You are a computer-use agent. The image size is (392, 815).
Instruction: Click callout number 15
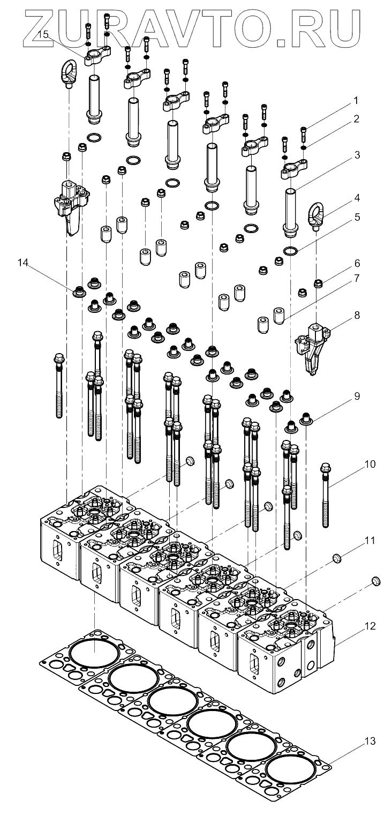44,34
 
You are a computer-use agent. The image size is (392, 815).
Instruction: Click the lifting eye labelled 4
315,214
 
